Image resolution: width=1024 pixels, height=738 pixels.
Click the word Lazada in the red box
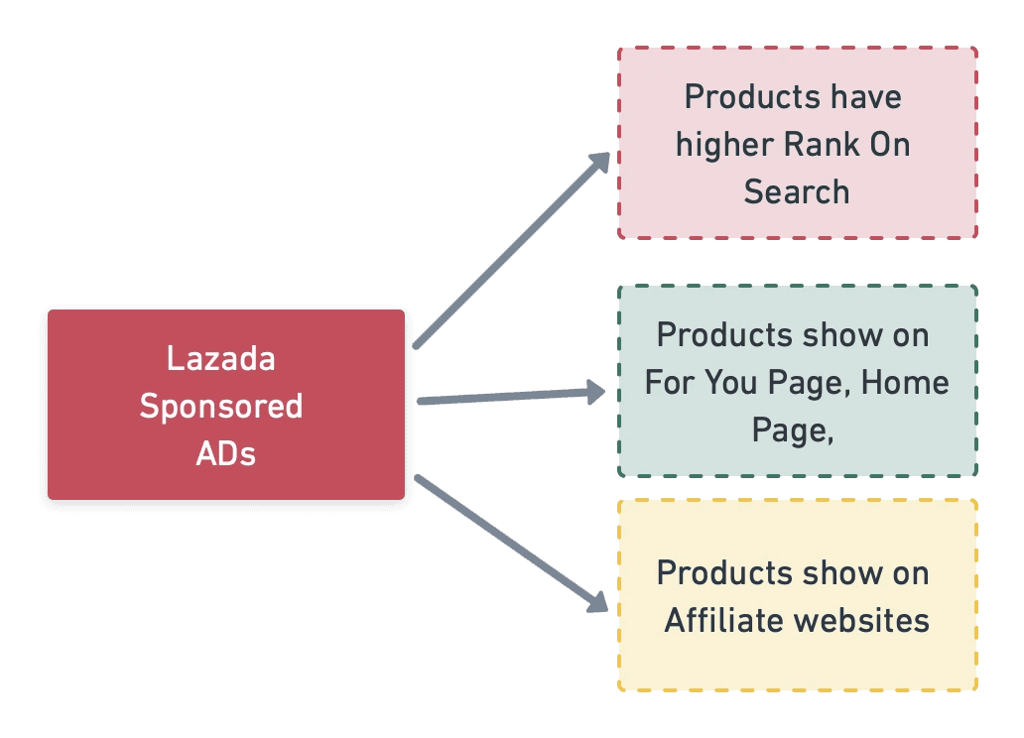(220, 358)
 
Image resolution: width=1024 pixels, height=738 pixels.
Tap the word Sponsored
(221, 407)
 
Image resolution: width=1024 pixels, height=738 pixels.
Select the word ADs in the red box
(226, 453)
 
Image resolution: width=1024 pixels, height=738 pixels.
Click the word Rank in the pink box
(823, 145)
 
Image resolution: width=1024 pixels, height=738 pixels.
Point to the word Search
(797, 192)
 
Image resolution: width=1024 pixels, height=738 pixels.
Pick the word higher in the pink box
(725, 146)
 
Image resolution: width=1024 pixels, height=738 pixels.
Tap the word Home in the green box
(905, 383)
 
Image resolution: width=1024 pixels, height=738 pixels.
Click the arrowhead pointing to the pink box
(599, 162)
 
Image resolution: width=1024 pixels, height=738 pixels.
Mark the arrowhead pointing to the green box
(595, 392)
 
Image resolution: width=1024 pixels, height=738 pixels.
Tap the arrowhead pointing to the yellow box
(597, 602)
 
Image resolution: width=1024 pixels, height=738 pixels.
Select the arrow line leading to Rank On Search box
(512, 250)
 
